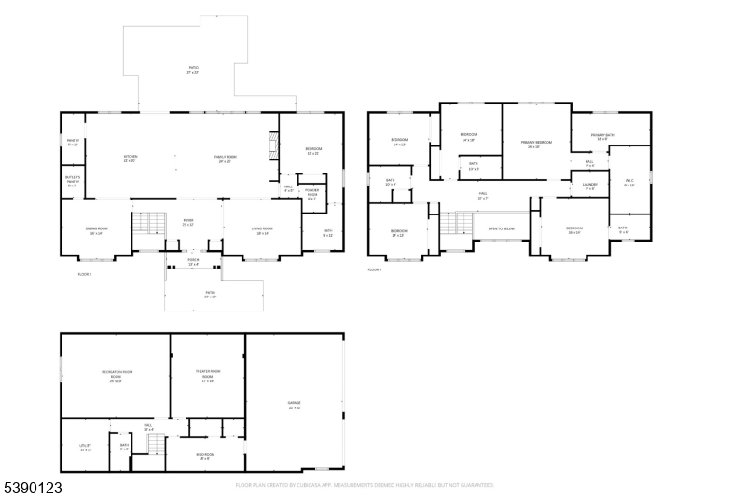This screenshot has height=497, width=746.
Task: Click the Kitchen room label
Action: pyautogui.click(x=131, y=159)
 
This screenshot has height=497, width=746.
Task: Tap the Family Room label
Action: pyautogui.click(x=226, y=159)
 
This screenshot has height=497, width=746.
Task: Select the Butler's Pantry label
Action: pyautogui.click(x=73, y=180)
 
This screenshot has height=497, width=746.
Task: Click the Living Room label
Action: pyautogui.click(x=262, y=230)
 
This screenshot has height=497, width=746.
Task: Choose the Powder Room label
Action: pyautogui.click(x=312, y=196)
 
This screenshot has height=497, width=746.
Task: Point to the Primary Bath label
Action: pyautogui.click(x=602, y=138)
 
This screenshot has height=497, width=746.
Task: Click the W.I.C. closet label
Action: pyautogui.click(x=629, y=183)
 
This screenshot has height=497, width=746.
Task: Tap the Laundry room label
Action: pyautogui.click(x=589, y=186)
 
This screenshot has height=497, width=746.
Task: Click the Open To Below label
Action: pyautogui.click(x=502, y=228)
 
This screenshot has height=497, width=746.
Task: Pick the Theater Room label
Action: pyautogui.click(x=207, y=375)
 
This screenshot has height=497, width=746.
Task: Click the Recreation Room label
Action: pyautogui.click(x=116, y=377)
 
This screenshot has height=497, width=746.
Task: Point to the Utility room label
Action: pyautogui.click(x=85, y=448)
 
